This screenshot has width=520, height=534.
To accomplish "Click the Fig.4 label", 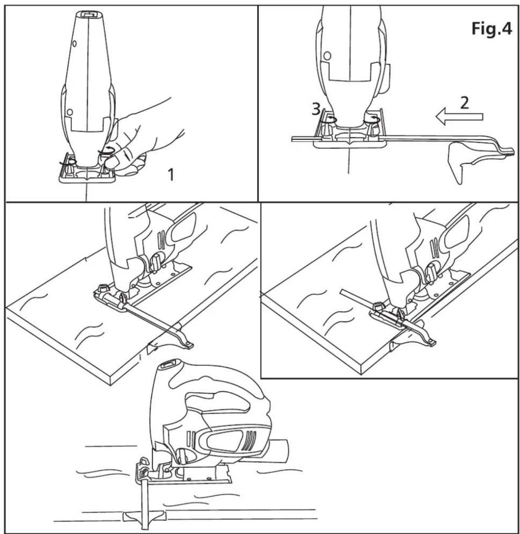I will coord(491,29).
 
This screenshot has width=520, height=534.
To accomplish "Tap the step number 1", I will coord(171,175).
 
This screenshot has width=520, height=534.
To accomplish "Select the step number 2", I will coord(464,103).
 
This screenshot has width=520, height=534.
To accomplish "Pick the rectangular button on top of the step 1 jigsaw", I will coord(87,14).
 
